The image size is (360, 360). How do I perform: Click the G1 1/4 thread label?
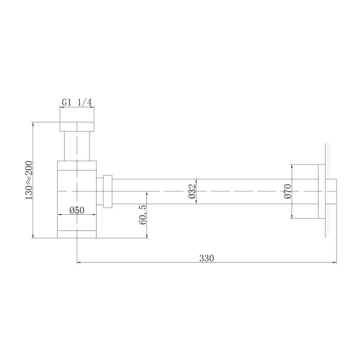[x=77, y=103]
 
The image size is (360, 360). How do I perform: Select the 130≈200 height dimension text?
[x=28, y=181]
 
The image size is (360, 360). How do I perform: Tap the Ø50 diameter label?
[x=76, y=210]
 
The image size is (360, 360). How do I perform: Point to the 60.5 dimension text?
[x=142, y=214]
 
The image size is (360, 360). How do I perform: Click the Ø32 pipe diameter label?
[x=191, y=190]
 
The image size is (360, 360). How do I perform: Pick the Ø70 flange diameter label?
[x=287, y=191]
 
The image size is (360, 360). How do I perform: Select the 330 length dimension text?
[x=206, y=258]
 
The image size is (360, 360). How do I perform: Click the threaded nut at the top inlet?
[x=77, y=127]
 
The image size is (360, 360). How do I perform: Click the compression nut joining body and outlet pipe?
[x=108, y=191]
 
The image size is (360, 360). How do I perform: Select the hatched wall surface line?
[x=328, y=191]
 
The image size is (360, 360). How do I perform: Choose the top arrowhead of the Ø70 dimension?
[x=292, y=166]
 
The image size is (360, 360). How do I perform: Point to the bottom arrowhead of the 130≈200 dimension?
[x=33, y=236]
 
